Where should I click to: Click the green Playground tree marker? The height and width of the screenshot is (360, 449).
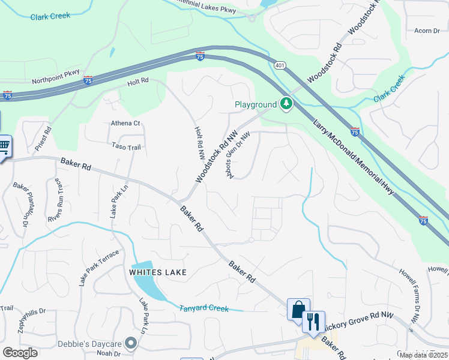pyautogui.click(x=286, y=104)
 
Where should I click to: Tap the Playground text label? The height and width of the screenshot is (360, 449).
pyautogui.click(x=255, y=105)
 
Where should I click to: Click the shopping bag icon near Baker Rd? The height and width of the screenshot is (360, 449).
pyautogui.click(x=298, y=310)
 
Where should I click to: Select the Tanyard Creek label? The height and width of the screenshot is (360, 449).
pyautogui.click(x=204, y=308)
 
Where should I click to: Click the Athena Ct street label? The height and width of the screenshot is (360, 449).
pyautogui.click(x=125, y=124)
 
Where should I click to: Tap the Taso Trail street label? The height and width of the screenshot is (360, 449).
pyautogui.click(x=125, y=146)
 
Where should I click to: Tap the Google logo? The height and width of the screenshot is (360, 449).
pyautogui.click(x=20, y=353)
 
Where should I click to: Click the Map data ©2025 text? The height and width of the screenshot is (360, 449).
pyautogui.click(x=424, y=355)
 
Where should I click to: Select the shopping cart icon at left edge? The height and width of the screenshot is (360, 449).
pyautogui.click(x=4, y=145)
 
